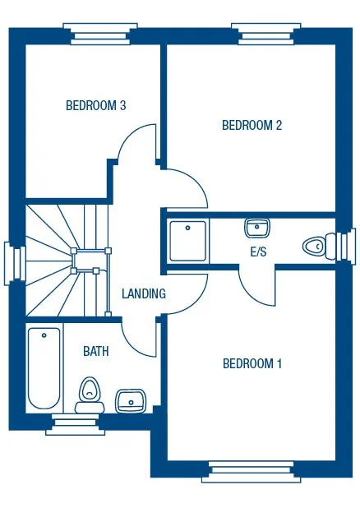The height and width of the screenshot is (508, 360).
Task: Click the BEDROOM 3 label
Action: tap(95, 105)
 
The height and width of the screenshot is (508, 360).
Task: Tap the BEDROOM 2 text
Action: tap(252, 125)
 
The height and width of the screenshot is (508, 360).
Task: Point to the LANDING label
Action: tap(144, 293)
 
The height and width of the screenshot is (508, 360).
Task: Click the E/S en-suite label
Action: tap(258, 252)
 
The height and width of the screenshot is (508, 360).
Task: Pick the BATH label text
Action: tap(96, 351)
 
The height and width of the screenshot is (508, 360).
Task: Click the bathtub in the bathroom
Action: tap(44, 367)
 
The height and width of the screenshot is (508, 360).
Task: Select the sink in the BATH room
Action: tap(130, 401)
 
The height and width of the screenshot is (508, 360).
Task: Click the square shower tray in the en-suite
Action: tap(188, 239)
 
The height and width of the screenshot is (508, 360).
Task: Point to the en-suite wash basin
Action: tap(256, 227)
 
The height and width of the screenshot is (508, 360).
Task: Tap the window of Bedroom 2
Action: tap(263, 35)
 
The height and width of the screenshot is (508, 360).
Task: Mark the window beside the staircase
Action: tap(12, 261)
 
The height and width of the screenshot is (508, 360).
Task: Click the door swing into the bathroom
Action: tap(140, 337)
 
